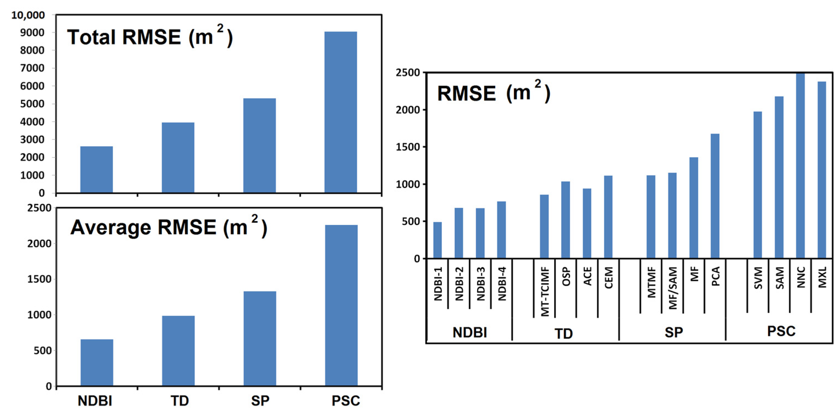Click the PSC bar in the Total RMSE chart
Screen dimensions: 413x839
tap(341, 112)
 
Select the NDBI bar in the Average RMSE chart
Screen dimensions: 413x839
tap(97, 362)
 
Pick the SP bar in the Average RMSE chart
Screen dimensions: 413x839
tap(260, 339)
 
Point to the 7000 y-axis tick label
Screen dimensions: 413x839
tap(32, 68)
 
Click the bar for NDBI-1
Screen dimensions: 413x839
tap(438, 240)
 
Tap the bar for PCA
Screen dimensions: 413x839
tap(715, 196)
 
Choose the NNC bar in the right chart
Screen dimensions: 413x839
tap(800, 166)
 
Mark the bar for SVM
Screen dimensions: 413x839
tap(758, 185)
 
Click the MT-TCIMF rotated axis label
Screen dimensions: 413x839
tap(544, 291)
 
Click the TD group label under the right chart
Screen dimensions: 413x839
tap(563, 334)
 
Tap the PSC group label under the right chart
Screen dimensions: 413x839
tap(781, 331)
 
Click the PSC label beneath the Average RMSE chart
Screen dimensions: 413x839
tap(346, 401)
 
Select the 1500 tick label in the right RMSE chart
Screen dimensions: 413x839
tap(408, 147)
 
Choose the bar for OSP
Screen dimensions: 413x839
tap(565, 220)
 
